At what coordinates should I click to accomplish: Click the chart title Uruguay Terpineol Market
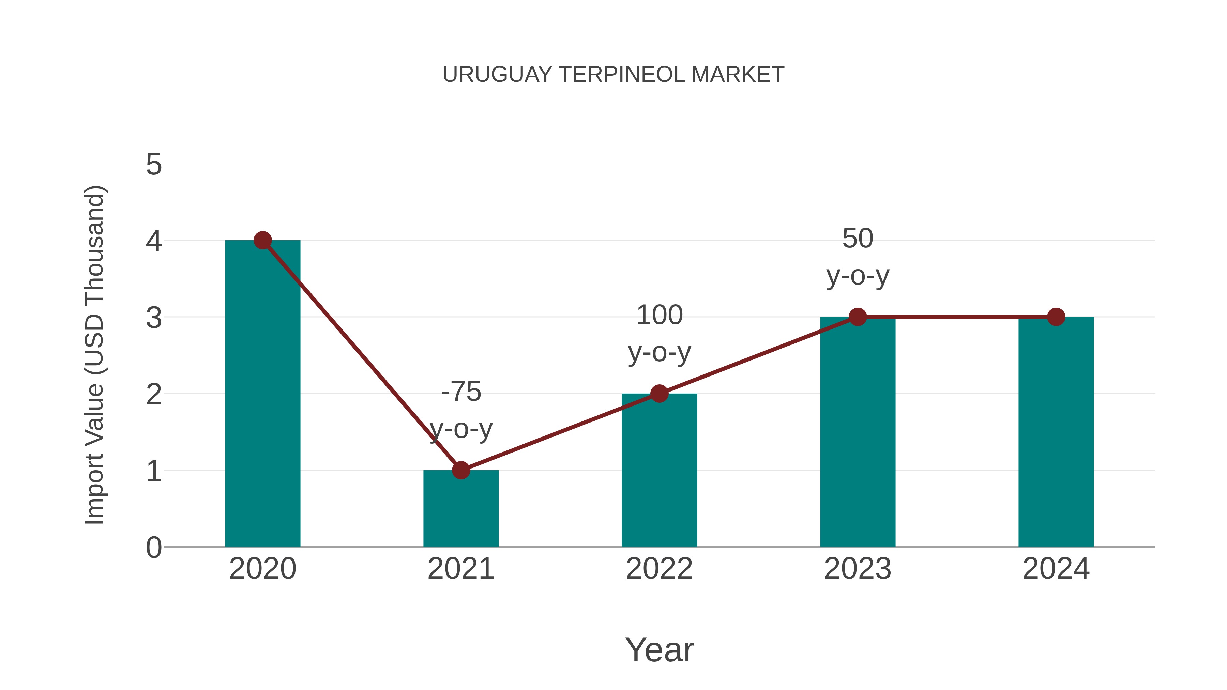[613, 75]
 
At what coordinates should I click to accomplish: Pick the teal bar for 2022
[659, 472]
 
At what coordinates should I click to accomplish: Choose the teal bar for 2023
[858, 433]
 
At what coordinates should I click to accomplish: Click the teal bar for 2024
[1056, 433]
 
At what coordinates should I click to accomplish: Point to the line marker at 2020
[262, 241]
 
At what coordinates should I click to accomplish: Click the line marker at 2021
[460, 471]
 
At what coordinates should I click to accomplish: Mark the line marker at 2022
[659, 394]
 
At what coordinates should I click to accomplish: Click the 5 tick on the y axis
[154, 165]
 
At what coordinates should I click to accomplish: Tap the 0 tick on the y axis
[154, 548]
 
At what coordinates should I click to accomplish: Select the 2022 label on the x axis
[659, 569]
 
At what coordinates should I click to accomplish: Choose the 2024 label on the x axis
[1056, 569]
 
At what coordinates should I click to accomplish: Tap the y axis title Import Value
[94, 355]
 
